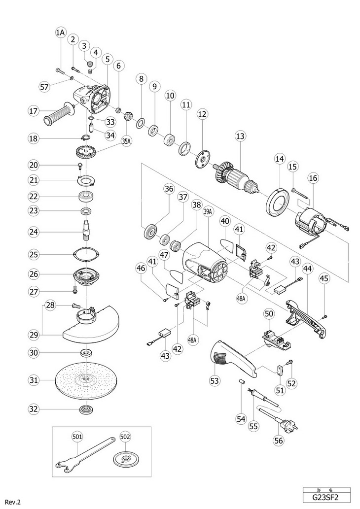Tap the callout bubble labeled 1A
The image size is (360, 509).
coord(60,32)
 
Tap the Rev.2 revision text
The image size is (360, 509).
coord(12,502)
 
